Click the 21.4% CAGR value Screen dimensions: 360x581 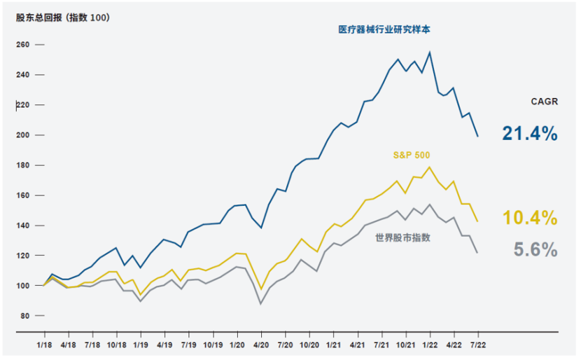pyautogui.click(x=529, y=133)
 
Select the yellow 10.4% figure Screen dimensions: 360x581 pyautogui.click(x=529, y=217)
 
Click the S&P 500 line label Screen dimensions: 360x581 pyautogui.click(x=411, y=155)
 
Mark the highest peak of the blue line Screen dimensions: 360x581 pyautogui.click(x=429, y=52)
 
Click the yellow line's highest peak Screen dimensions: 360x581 pyautogui.click(x=429, y=167)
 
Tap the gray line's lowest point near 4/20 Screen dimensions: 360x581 pyautogui.click(x=260, y=303)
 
